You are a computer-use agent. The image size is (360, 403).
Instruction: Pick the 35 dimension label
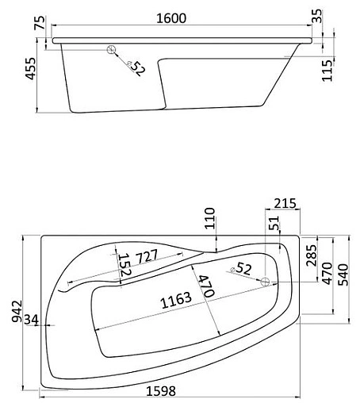pos(318,15)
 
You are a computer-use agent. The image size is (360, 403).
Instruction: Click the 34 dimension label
pos(32,320)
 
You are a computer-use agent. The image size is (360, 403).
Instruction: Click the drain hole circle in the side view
pos(113,52)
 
